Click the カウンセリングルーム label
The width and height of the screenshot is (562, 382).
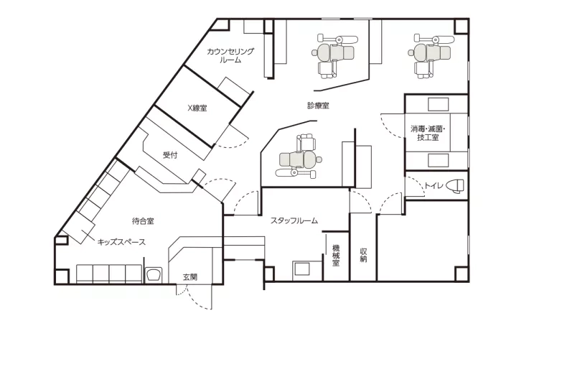click(x=230, y=55)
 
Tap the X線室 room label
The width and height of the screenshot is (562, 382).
click(x=197, y=108)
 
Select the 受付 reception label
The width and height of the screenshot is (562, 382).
click(x=170, y=155)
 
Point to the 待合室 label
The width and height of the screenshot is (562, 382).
click(x=143, y=221)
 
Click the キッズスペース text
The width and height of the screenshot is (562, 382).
click(x=121, y=242)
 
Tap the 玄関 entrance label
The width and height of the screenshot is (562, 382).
click(x=190, y=277)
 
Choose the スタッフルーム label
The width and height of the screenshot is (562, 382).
click(x=294, y=220)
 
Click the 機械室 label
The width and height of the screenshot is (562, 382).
click(x=336, y=256)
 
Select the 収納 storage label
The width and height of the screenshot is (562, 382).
click(x=363, y=255)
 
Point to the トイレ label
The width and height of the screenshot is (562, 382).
click(x=434, y=186)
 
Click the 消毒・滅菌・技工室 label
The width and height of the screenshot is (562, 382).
click(x=428, y=133)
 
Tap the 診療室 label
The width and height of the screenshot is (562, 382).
click(x=318, y=106)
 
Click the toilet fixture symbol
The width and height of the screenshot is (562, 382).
click(x=455, y=186)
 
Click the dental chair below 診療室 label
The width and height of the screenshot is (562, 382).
click(x=299, y=156)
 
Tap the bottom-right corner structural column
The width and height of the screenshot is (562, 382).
click(x=462, y=274)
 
